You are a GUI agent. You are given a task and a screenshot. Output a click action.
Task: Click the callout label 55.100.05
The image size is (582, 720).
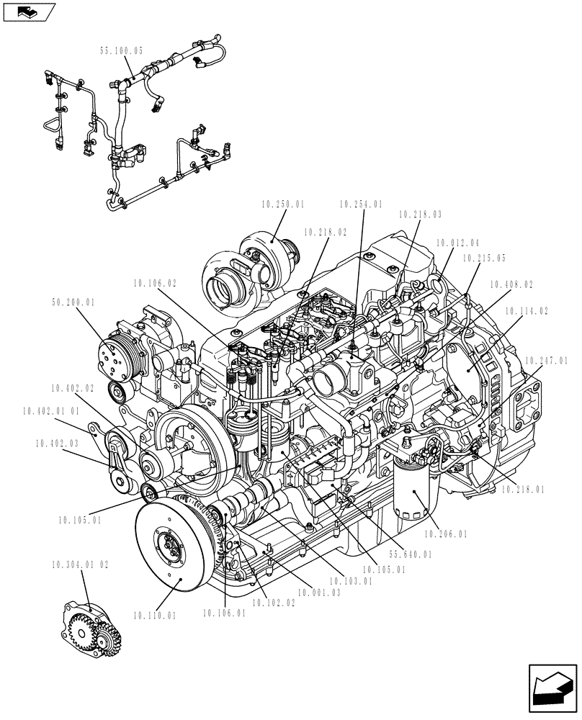(x=121, y=51)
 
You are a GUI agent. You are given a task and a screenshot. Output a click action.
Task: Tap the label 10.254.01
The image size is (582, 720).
(x=361, y=204)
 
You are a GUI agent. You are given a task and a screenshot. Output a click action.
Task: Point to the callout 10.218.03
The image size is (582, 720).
(x=420, y=214)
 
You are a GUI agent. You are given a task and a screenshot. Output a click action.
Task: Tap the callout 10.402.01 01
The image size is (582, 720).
(x=52, y=411)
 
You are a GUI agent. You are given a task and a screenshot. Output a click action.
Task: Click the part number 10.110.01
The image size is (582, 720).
(x=155, y=615)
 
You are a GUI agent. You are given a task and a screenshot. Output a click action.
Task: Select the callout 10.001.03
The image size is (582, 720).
(x=318, y=593)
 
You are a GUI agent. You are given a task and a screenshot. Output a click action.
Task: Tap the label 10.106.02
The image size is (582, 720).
(x=154, y=284)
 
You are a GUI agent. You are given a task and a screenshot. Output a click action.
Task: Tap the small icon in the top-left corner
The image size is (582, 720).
(x=30, y=12)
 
